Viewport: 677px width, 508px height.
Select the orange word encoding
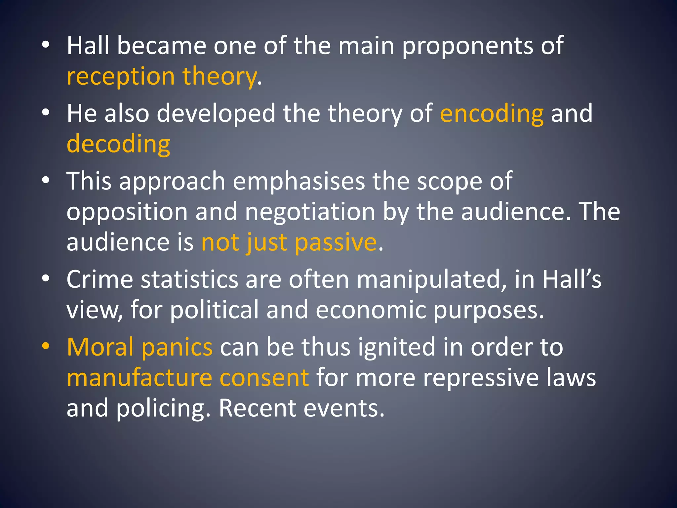492,113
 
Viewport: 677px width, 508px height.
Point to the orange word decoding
118,144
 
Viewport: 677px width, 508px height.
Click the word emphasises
299,181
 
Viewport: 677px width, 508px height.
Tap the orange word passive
336,242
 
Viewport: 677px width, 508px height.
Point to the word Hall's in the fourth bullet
572,279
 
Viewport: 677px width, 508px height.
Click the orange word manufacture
139,378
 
